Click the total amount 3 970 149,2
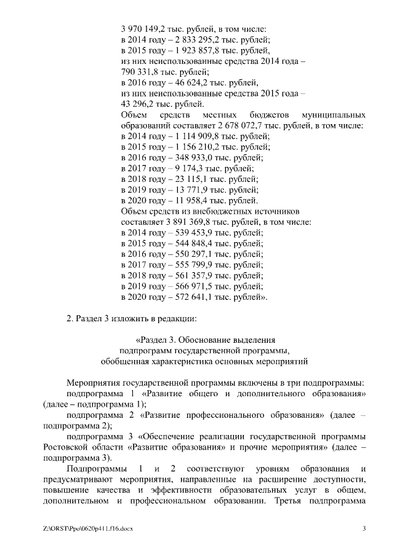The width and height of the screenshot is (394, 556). click(x=145, y=28)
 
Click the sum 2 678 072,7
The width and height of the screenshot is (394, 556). click(x=238, y=125)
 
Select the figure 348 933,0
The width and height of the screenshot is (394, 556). click(x=190, y=157)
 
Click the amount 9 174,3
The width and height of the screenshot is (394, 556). click(x=184, y=168)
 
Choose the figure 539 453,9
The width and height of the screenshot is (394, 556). click(x=190, y=232)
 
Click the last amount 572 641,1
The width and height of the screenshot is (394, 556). click(x=190, y=297)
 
